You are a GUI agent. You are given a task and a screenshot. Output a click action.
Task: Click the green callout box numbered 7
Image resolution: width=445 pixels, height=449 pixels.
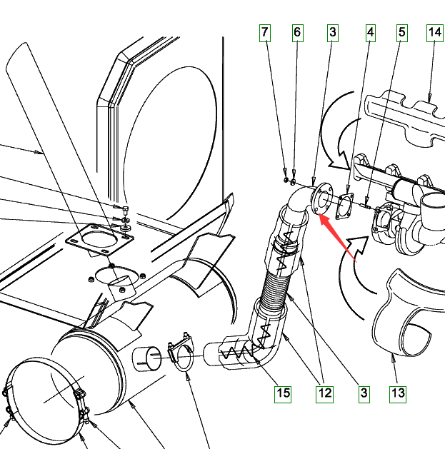[265, 33]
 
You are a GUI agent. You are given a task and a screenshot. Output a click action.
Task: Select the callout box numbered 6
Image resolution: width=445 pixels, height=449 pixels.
[298, 33]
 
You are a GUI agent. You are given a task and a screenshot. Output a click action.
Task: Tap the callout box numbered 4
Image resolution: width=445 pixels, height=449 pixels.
[371, 33]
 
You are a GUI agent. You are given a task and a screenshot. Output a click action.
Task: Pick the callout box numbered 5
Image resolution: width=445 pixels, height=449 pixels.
[402, 33]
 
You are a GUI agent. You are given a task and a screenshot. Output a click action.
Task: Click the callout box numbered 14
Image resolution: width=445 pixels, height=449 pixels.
[435, 33]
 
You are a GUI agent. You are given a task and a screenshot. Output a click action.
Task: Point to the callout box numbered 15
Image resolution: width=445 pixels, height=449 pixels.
[283, 394]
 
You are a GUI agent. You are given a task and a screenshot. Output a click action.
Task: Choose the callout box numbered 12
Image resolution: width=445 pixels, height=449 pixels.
[325, 394]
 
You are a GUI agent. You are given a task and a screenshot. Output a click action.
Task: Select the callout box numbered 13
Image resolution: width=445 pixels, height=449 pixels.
[398, 394]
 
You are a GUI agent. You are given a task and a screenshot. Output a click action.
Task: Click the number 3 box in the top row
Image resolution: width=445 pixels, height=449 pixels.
[333, 33]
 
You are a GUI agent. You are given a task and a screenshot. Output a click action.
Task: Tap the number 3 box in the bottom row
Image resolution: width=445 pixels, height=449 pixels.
[364, 394]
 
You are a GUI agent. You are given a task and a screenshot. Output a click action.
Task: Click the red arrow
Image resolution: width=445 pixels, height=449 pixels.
[338, 238]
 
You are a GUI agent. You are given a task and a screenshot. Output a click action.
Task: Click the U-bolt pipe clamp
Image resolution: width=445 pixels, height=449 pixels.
[181, 352]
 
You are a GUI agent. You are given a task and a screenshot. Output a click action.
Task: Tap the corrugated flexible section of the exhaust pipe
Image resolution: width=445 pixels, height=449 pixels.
[275, 289]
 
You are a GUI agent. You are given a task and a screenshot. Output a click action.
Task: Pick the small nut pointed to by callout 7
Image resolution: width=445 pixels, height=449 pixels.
[286, 180]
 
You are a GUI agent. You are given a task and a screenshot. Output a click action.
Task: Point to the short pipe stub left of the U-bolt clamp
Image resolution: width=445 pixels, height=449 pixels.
[146, 359]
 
